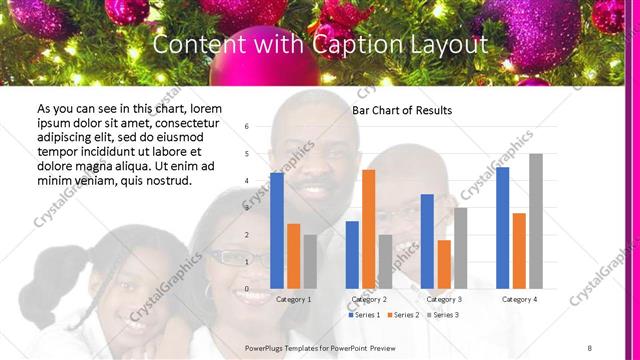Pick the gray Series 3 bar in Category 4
[x=536, y=221]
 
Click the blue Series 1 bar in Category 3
[x=427, y=241]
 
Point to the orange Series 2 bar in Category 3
[x=444, y=264]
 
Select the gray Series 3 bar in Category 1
[x=310, y=261]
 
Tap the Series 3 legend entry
[x=445, y=315]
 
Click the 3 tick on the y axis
[x=246, y=208]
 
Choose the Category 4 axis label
[x=519, y=299]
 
